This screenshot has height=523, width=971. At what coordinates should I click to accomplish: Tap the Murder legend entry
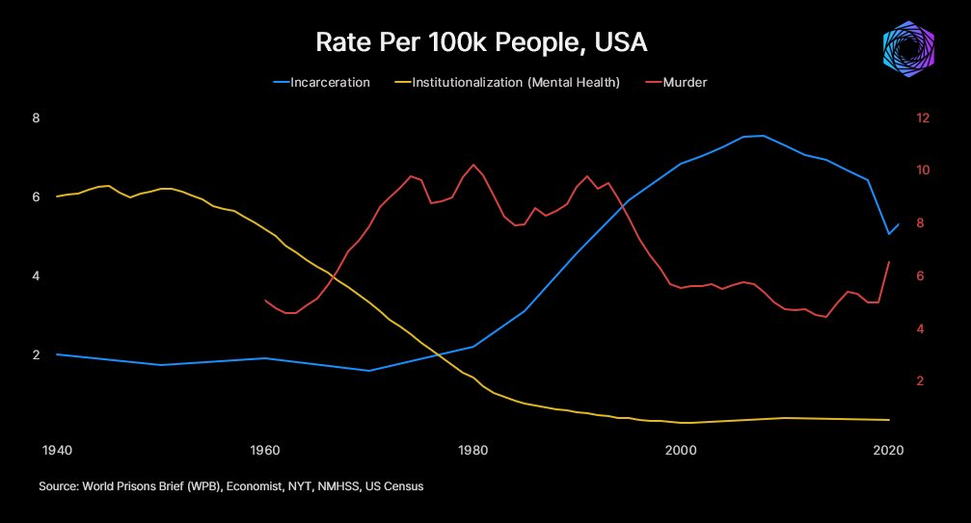[685, 83]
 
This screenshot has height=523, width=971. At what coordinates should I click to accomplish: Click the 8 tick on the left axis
[36, 118]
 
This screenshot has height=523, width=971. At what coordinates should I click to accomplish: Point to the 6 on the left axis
[36, 197]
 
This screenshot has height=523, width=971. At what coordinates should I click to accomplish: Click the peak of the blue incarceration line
[764, 136]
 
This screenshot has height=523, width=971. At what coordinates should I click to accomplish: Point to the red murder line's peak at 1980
[472, 165]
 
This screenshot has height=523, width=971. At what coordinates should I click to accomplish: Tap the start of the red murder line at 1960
[265, 301]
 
